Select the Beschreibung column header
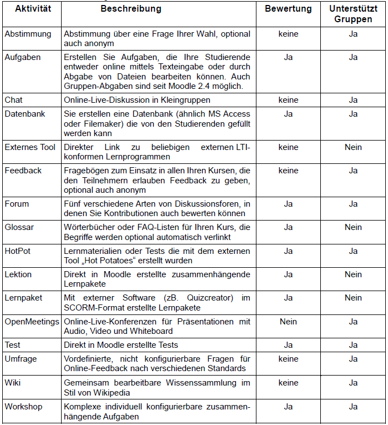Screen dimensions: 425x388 pos(131,9)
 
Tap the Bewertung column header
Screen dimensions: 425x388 pos(288,9)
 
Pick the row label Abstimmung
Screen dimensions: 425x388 pos(28,34)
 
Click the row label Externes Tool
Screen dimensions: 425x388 pos(30,147)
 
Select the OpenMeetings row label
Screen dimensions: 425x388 pos(32,321)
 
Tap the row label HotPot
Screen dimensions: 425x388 pos(18,251)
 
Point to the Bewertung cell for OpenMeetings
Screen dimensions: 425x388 pos(288,321)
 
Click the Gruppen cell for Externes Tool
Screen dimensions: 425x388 pos(353,147)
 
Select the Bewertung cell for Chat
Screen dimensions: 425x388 pos(288,100)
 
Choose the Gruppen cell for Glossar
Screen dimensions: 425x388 pos(353,227)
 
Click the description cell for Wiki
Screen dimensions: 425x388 pos(157,387)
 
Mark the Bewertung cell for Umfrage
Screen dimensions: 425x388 pos(288,359)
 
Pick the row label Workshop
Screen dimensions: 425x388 pos(23,407)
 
